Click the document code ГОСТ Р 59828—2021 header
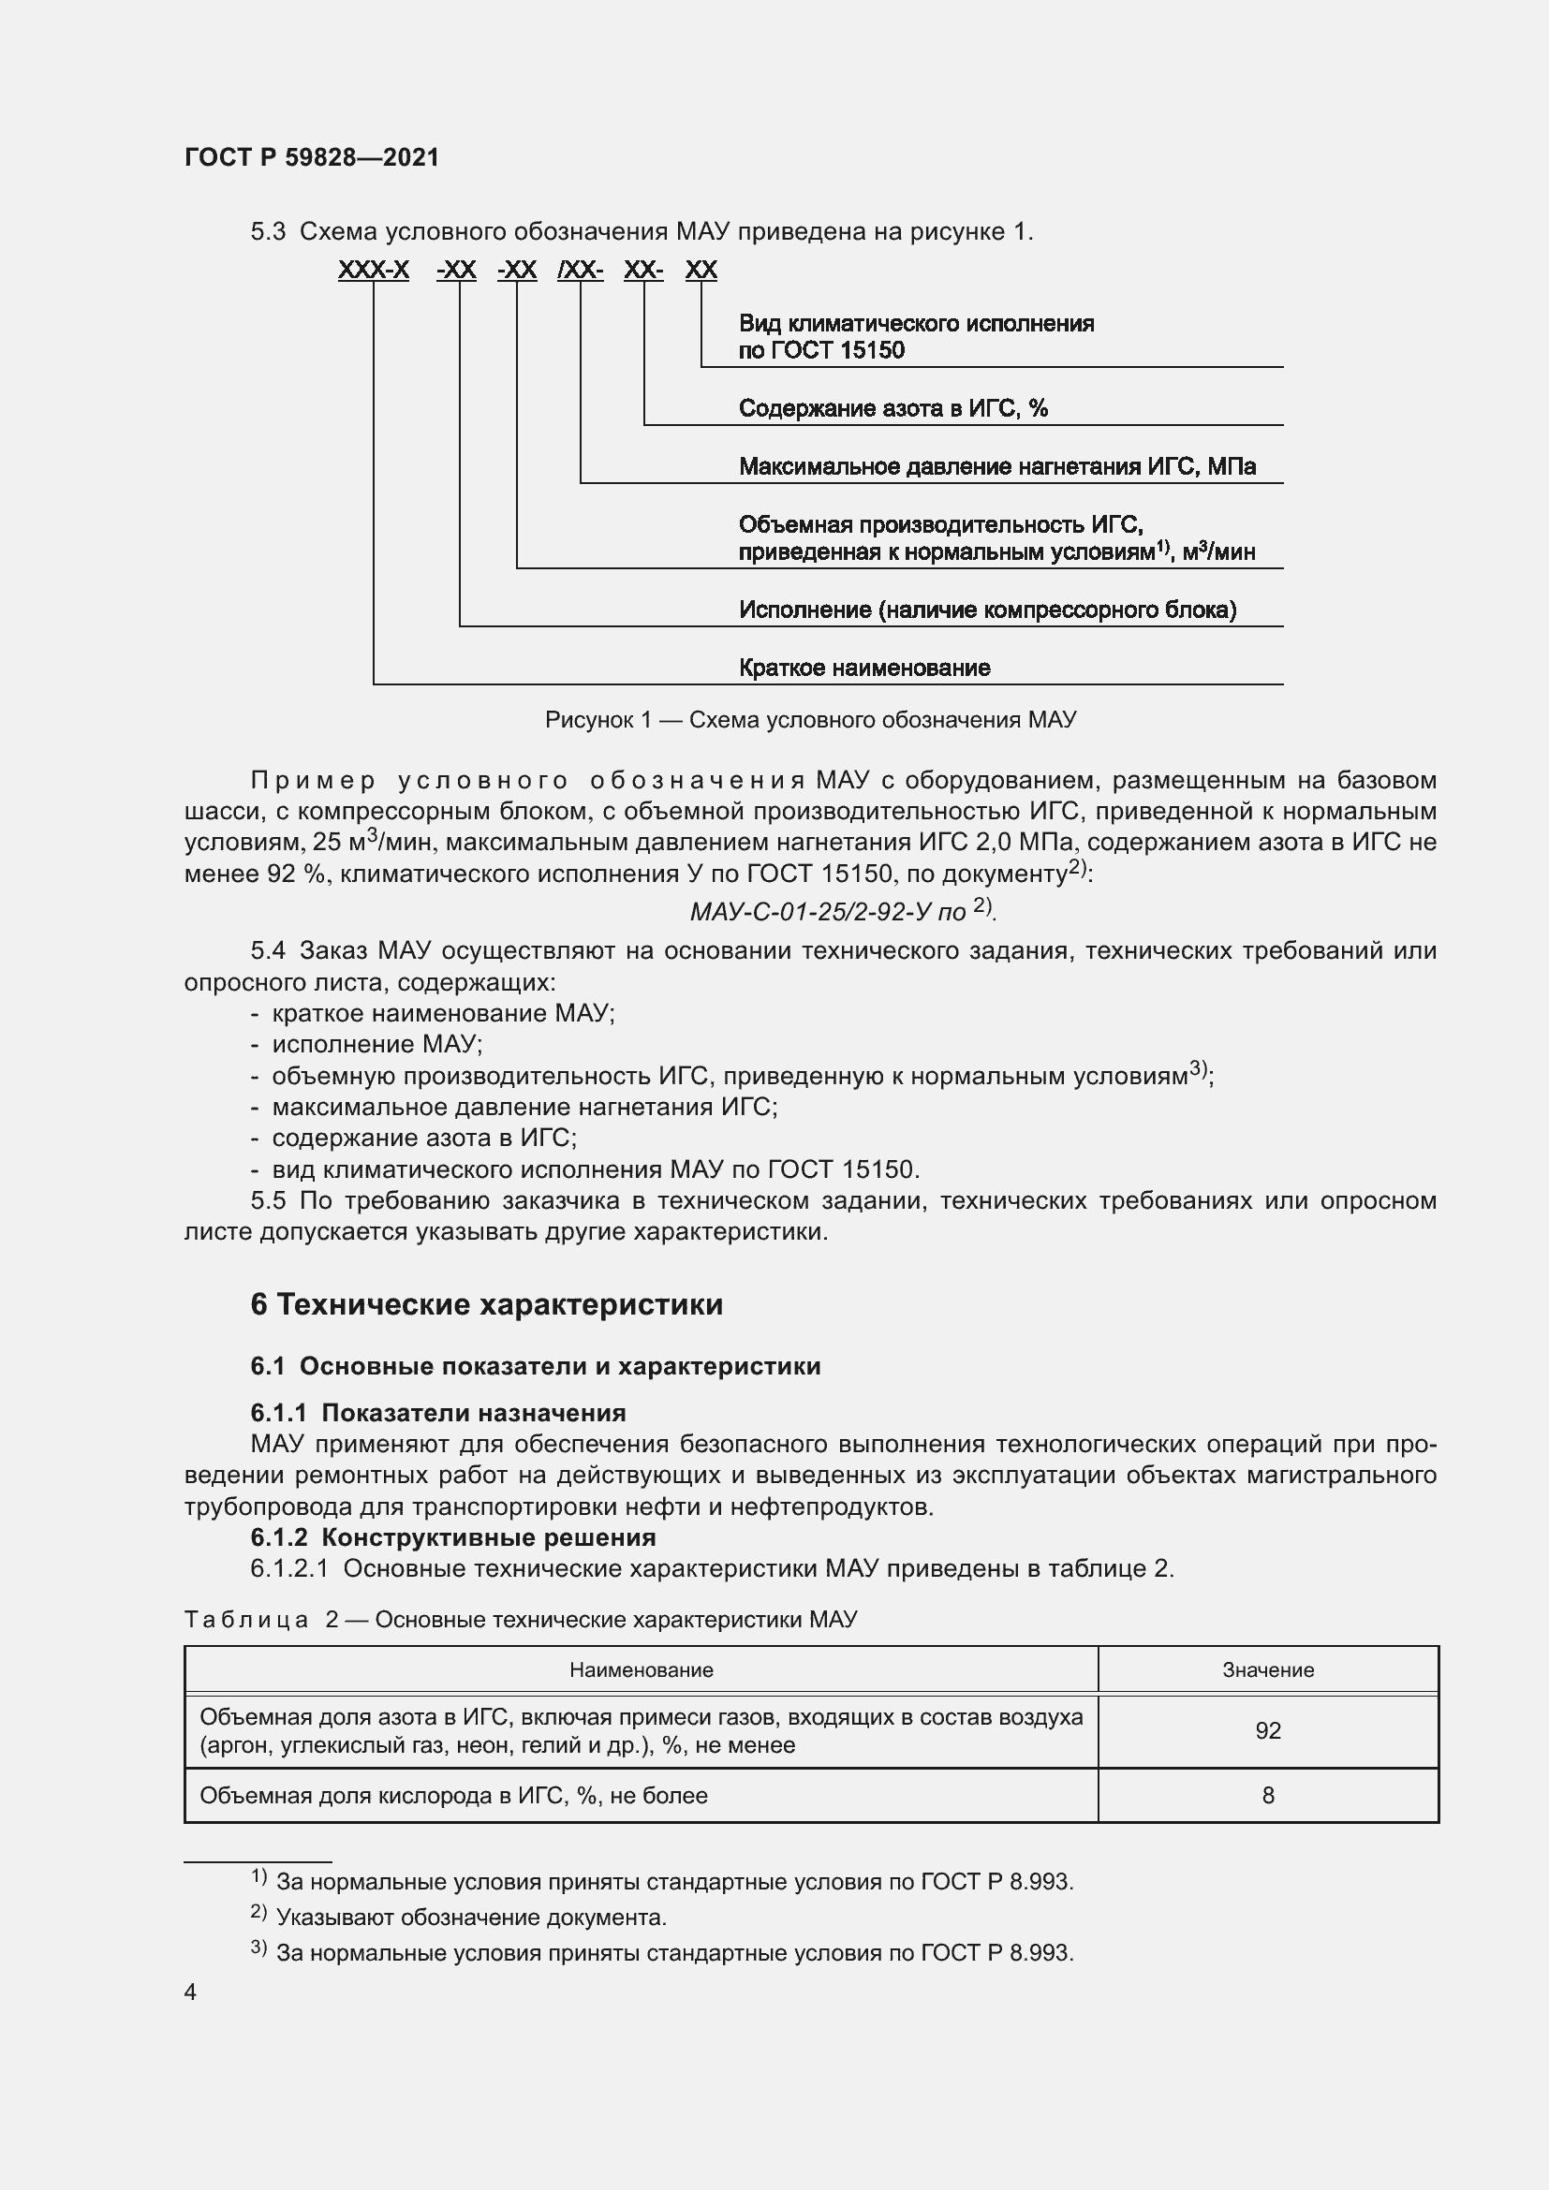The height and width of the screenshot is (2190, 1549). [x=312, y=157]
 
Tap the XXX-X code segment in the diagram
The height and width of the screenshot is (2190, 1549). [x=373, y=270]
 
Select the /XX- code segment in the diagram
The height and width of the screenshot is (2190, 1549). [x=580, y=270]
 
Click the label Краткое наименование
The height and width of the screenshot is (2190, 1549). [x=864, y=668]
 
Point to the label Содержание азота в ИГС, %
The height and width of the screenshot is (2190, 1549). [x=893, y=408]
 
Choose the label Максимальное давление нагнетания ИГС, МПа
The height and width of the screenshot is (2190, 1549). [x=996, y=466]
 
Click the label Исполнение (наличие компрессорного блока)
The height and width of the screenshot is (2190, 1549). [x=987, y=610]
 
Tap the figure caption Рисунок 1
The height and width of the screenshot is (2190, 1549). [x=810, y=720]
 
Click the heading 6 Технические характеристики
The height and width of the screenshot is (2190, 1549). [x=486, y=1304]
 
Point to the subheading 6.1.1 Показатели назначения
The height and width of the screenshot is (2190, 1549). [x=437, y=1413]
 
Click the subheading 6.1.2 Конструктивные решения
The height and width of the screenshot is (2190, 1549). [x=453, y=1537]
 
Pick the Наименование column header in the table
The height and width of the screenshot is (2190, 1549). [x=641, y=1670]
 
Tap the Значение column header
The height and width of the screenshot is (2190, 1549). [x=1268, y=1670]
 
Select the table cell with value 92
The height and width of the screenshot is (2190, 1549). [x=1268, y=1730]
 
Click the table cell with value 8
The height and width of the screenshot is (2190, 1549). [x=1268, y=1795]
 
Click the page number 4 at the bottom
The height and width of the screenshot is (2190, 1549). [x=191, y=1992]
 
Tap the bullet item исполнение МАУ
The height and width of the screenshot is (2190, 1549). [x=376, y=1045]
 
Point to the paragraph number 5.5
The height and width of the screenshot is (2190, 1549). [x=268, y=1201]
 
